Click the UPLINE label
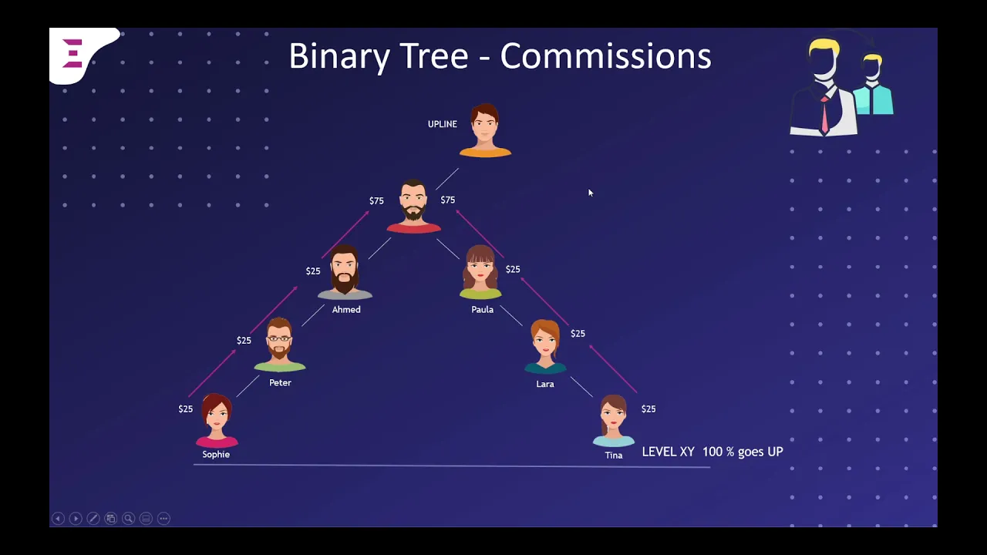coord(442,124)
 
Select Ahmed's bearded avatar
coord(345,272)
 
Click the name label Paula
coord(482,310)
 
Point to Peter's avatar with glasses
coord(280,344)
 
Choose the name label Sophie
coord(216,455)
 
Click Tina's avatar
coord(614,420)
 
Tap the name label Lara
coord(545,384)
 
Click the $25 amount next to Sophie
coord(186,409)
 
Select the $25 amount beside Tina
coord(648,409)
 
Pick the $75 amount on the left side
coord(376,201)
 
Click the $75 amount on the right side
coord(448,200)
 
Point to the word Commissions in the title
coord(605,56)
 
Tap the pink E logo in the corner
coord(72,54)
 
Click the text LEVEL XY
coord(668,452)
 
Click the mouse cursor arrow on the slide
coord(590,193)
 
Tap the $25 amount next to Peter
coord(244,341)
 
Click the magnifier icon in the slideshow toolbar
coord(128,519)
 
